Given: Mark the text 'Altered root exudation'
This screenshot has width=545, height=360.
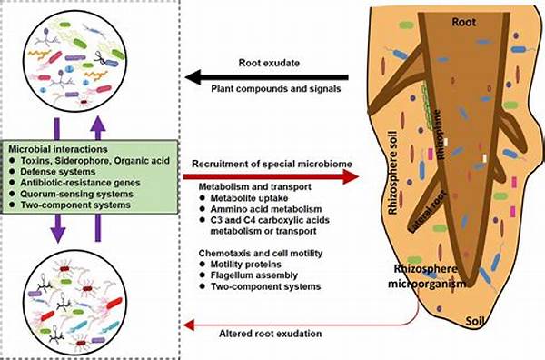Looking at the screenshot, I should coord(265,335).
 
